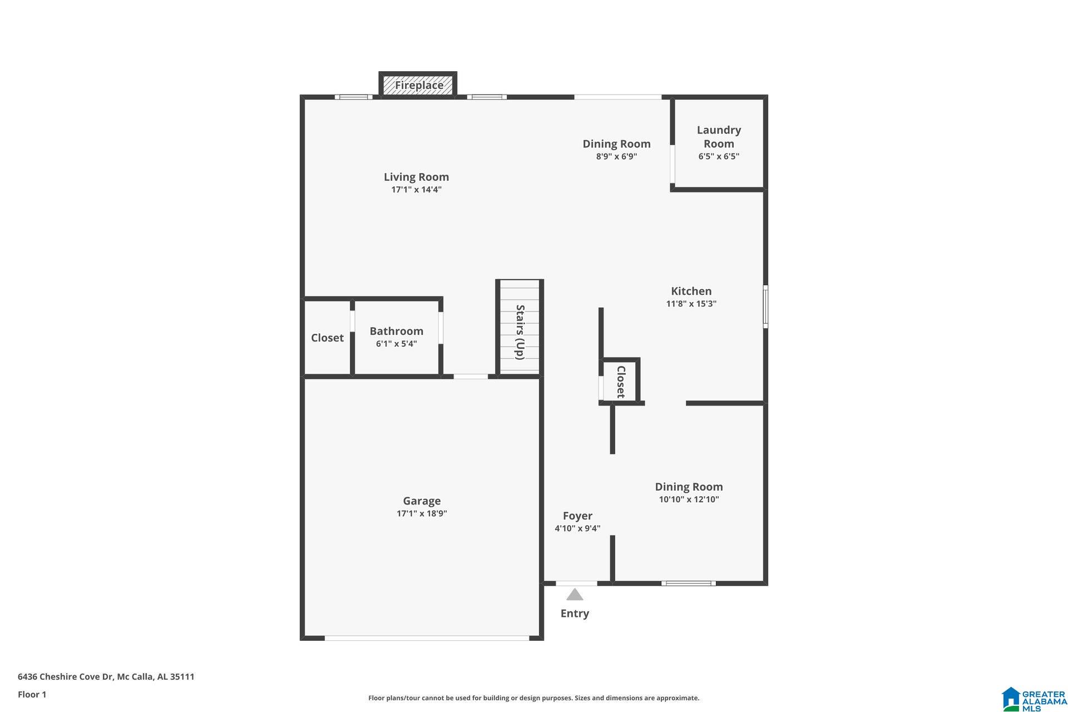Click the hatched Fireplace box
coord(418,85)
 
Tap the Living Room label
coord(416,177)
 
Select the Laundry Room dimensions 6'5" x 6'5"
coord(719,156)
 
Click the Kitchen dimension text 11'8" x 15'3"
coord(691,304)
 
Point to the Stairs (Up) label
coord(520,332)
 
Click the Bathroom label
coord(396,331)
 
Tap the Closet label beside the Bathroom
coord(327,338)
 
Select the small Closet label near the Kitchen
coord(621,382)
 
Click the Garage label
coord(422,501)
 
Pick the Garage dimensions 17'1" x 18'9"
coord(422,513)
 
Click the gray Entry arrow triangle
coord(575,595)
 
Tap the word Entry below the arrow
coord(575,613)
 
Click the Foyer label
coord(577,516)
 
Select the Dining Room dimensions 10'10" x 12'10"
coord(689,500)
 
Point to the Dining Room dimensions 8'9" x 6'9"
coord(616,156)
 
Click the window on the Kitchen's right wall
coord(765,306)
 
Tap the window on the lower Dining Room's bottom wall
coord(689,583)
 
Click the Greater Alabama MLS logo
coord(1034,699)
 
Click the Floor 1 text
coord(32,694)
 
